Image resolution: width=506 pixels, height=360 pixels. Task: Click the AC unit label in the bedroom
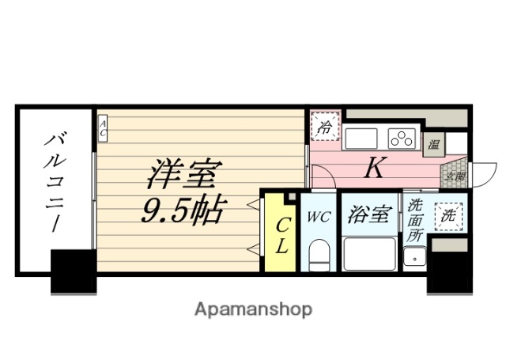[x=103, y=128]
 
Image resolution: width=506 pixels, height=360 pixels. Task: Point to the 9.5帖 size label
[x=184, y=210]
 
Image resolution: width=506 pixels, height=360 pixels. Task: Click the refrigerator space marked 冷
[x=324, y=126]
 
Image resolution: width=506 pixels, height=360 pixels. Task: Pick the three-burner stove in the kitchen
[x=402, y=138]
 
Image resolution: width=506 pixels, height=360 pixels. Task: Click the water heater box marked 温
[x=434, y=143]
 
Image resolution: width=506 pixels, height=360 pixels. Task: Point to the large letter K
[x=373, y=169]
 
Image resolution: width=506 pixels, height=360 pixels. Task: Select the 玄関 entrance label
[x=457, y=177]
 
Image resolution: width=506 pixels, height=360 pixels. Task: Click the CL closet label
[x=281, y=235]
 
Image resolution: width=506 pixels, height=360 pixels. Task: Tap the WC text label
[x=319, y=216]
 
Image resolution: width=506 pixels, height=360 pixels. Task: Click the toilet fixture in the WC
[x=319, y=255]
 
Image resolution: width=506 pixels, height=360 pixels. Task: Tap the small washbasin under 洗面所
[x=413, y=256]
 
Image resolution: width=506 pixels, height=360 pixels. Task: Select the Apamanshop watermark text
[x=253, y=309]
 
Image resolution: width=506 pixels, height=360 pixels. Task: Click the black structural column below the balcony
[x=74, y=271]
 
